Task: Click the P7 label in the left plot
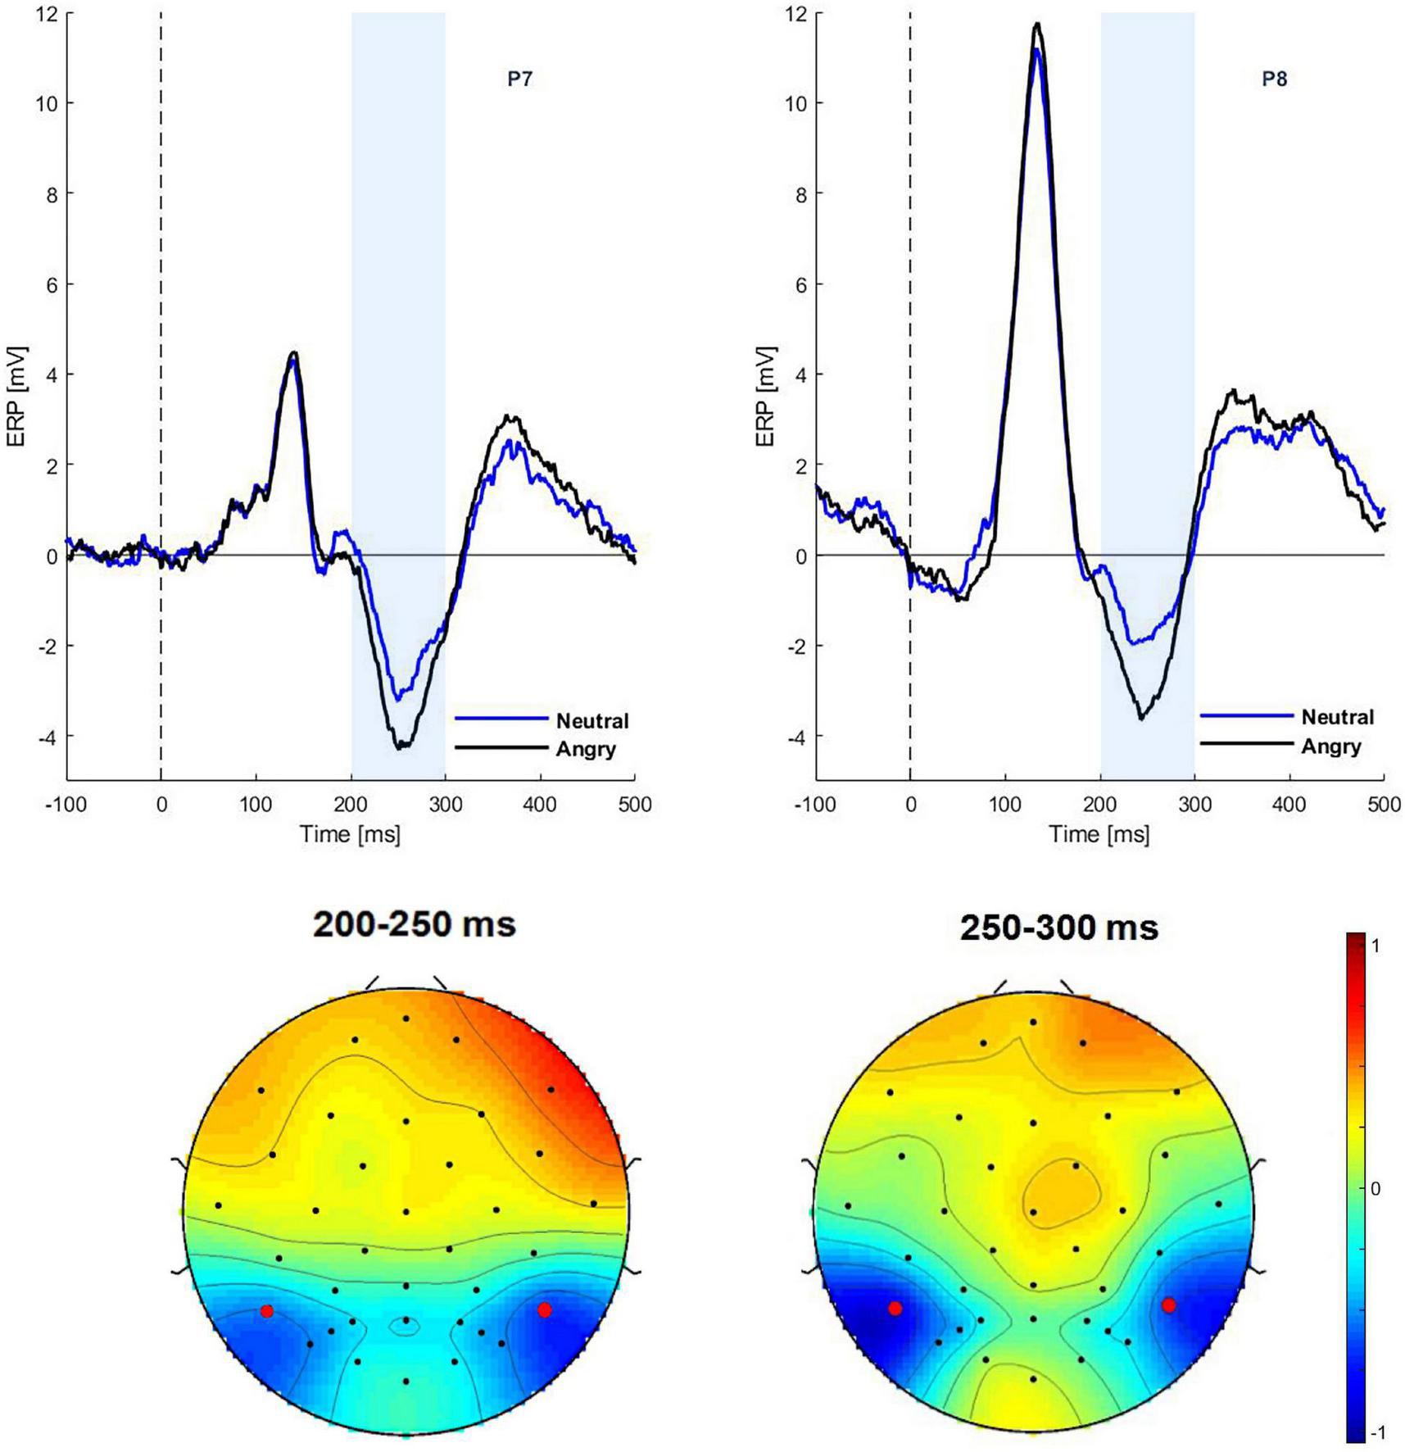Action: click(520, 79)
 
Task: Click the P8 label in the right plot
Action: click(1274, 79)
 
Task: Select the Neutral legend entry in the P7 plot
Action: click(591, 721)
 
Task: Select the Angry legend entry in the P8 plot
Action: click(1330, 746)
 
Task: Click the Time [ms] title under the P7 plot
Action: click(350, 834)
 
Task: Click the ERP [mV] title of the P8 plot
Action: click(765, 397)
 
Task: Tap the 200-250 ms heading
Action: click(415, 924)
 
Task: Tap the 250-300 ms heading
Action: click(1058, 928)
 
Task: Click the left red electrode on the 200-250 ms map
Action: click(266, 1311)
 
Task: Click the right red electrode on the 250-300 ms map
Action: click(1168, 1305)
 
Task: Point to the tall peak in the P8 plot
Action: click(1037, 25)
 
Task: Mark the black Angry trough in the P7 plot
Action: click(401, 746)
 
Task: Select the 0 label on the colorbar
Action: click(1376, 1188)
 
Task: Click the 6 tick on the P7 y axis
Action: click(51, 284)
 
